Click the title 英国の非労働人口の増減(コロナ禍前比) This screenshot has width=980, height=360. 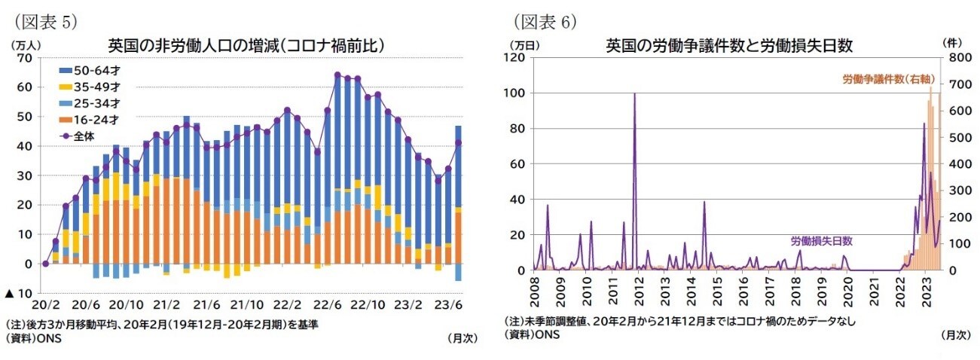click(246, 46)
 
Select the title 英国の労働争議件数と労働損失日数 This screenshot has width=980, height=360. click(729, 45)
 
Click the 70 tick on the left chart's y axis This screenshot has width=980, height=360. click(25, 57)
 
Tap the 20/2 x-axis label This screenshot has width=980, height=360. click(44, 305)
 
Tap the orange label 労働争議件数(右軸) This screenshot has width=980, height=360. click(885, 78)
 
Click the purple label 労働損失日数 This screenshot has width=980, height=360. click(822, 241)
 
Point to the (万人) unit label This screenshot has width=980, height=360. click(27, 43)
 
